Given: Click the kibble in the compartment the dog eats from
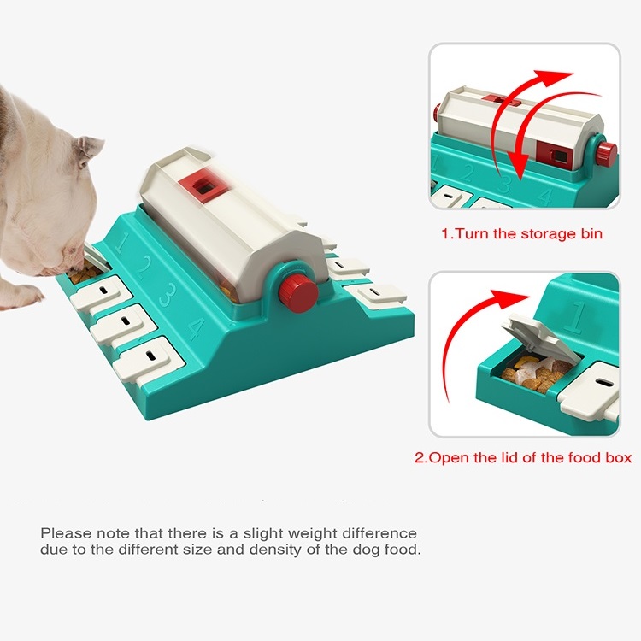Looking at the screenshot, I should pos(85,275).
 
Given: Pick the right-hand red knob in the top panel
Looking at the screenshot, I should pos(606,155).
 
